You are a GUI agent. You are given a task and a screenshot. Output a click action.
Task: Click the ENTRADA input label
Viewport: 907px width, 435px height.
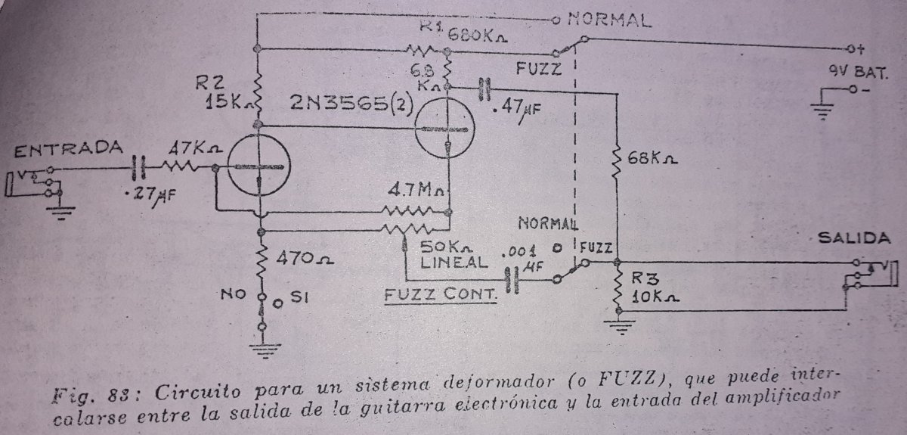point(68,149)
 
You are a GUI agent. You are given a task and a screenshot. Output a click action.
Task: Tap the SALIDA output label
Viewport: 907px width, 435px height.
point(854,238)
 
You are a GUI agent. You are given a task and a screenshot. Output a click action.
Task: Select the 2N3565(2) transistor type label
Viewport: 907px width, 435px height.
point(351,104)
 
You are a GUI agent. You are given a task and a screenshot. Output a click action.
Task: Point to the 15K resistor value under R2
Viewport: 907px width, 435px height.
point(229,101)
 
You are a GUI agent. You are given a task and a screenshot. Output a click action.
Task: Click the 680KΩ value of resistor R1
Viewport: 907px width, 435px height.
point(477,36)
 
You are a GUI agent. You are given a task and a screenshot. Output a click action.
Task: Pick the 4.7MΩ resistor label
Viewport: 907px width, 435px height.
point(416,190)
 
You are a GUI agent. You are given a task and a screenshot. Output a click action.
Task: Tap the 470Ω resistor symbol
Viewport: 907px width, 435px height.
point(262,258)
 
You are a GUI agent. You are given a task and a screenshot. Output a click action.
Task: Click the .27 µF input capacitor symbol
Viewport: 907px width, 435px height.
point(139,168)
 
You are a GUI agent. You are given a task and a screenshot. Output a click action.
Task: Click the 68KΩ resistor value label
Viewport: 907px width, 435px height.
point(652,158)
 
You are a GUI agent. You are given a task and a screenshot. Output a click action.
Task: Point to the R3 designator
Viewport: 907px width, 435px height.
point(645,278)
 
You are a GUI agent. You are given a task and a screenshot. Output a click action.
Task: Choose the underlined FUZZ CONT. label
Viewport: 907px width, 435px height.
point(441,295)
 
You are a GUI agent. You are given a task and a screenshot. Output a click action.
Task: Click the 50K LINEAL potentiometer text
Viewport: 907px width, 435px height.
point(453,255)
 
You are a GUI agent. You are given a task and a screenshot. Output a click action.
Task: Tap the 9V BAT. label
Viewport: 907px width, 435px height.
point(858,73)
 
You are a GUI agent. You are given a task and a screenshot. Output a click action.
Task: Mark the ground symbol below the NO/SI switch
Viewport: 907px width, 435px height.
point(265,351)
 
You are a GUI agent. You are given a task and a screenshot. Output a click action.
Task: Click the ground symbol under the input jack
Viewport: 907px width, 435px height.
point(60,213)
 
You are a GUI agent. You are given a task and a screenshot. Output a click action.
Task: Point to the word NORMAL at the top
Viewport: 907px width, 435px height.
point(609,20)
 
